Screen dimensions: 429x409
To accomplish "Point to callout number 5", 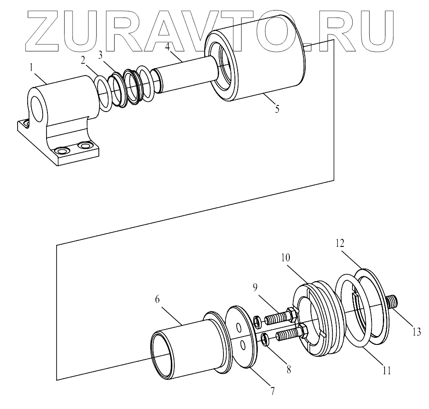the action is coord(277,109).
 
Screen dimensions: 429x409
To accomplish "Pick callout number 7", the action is coord(272,391).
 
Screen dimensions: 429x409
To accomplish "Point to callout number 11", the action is coord(386,370).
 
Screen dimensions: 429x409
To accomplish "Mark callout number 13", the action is coord(416,330).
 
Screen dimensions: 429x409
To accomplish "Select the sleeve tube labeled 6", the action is coord(184,351).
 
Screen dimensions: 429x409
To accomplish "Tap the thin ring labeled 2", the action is coord(103,93).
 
